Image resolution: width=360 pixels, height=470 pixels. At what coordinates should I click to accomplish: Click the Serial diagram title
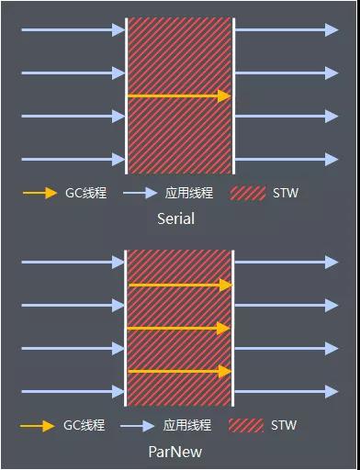point(175,219)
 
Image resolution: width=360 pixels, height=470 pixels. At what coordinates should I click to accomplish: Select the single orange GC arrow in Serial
point(178,95)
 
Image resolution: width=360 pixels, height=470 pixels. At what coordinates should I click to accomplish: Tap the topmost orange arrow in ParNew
point(180,285)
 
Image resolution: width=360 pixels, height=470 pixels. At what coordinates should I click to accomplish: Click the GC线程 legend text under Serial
point(85,194)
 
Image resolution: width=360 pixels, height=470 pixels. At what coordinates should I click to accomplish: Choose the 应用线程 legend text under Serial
point(188,194)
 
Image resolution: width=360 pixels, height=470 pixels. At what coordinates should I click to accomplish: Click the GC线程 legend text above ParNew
point(84,426)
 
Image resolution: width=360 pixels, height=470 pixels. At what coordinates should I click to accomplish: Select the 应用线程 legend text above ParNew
point(186,426)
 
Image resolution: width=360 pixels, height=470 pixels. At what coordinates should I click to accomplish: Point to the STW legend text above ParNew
point(284,426)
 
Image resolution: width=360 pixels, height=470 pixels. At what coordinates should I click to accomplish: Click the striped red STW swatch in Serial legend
point(247,194)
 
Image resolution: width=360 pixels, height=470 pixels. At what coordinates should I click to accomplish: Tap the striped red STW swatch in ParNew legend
point(245,426)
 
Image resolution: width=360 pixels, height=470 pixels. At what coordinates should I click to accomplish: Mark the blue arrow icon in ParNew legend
point(138,426)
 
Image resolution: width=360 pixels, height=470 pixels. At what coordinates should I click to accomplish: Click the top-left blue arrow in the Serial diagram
point(73,30)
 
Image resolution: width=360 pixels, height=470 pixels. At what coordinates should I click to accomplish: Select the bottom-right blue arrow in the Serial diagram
point(287,159)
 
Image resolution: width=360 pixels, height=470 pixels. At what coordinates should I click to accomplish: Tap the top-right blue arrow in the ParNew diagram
point(287,263)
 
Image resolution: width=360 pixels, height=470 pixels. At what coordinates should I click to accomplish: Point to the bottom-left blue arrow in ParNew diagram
point(73,392)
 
